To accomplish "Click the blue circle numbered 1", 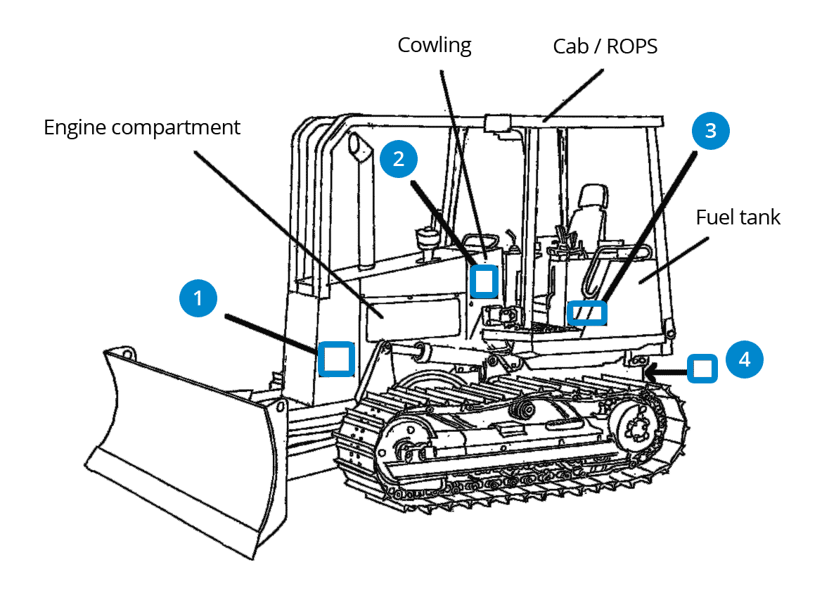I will [198, 298].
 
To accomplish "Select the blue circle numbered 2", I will [399, 158].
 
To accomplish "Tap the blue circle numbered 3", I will [710, 131].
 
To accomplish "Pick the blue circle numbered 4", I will [744, 360].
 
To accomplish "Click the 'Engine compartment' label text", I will [142, 128].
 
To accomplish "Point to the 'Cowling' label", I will [434, 46].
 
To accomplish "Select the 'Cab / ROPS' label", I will [605, 47].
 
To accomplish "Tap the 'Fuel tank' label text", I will [738, 217].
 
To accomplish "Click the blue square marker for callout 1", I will [337, 358].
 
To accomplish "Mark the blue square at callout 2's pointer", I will [484, 280].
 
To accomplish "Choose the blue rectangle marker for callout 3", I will [586, 312].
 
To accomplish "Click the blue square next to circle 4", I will [701, 368].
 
